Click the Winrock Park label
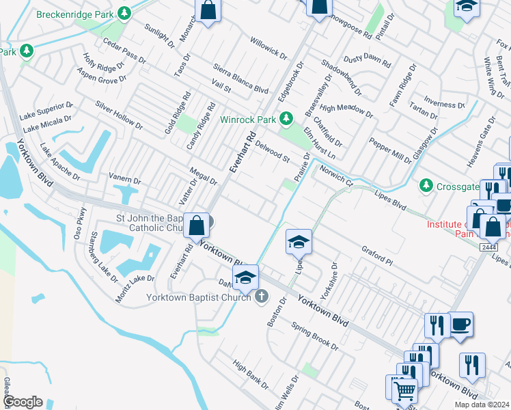[x=247, y=119]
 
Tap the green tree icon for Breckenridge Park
[x=124, y=13]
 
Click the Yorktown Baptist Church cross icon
[x=260, y=297]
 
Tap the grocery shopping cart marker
[x=404, y=390]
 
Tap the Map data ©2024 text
[x=481, y=405]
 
